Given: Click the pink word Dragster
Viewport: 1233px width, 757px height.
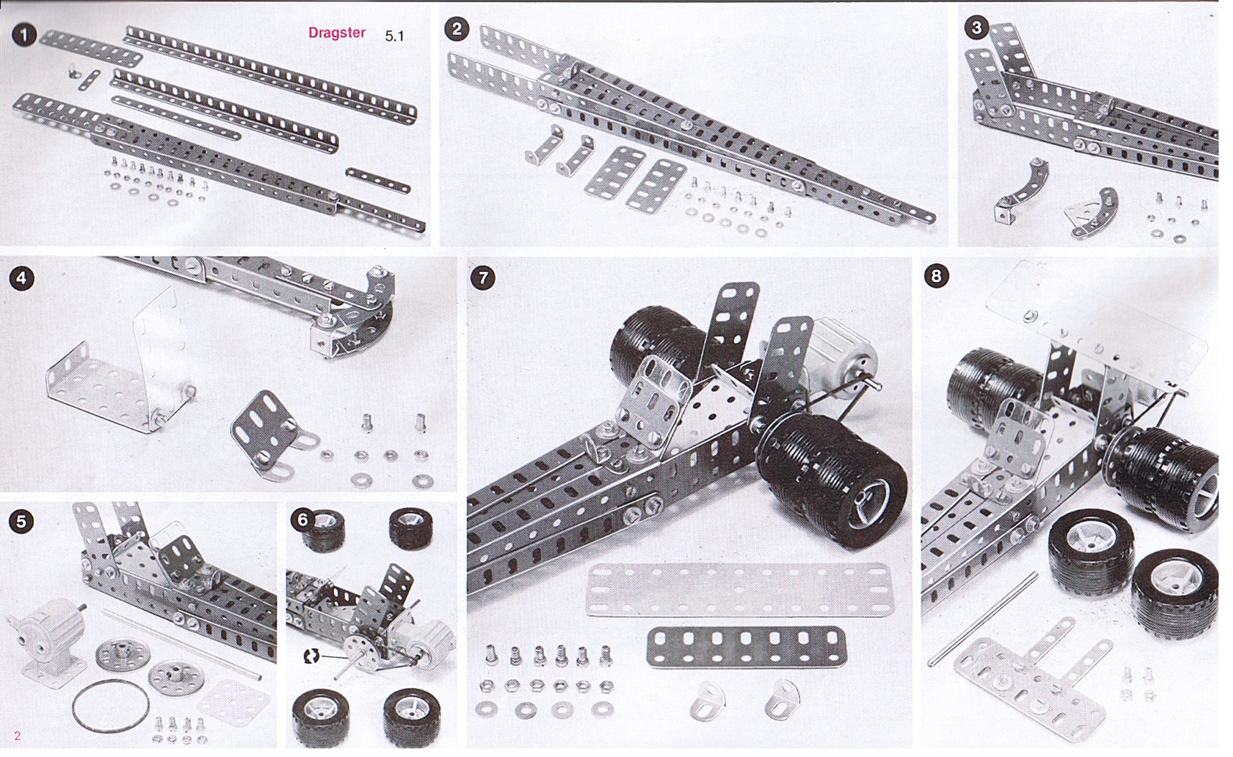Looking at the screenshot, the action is click(337, 32).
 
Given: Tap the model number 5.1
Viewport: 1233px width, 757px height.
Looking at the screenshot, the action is click(394, 36).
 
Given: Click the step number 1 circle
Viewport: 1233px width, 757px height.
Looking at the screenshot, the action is click(25, 35).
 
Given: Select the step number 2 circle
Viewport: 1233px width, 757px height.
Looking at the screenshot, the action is click(457, 29).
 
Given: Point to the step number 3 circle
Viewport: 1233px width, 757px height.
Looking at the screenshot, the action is click(976, 28).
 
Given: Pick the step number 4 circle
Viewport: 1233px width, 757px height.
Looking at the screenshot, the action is click(22, 278).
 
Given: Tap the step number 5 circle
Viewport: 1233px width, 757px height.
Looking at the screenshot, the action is click(21, 521).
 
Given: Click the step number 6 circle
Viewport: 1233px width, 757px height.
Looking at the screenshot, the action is click(302, 519).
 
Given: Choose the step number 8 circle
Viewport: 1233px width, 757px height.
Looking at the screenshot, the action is click(936, 276).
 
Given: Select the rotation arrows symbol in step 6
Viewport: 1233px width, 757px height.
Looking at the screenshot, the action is click(312, 655).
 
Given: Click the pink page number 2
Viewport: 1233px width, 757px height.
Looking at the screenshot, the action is click(18, 735).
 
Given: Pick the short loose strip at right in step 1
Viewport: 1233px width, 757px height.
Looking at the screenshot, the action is click(378, 181).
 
